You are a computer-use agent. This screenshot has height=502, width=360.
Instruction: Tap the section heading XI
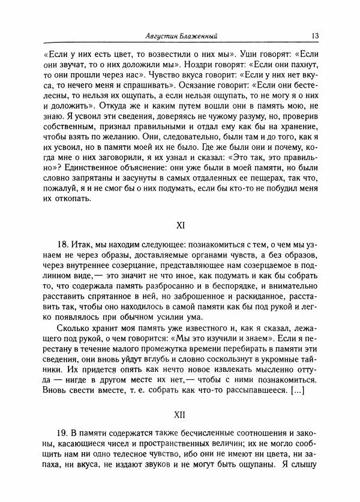(x=180, y=227)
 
